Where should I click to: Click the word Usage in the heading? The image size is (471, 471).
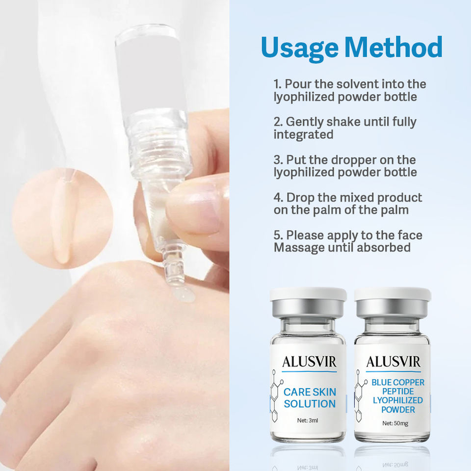pyautogui.click(x=299, y=48)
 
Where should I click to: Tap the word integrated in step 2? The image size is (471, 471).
pyautogui.click(x=303, y=134)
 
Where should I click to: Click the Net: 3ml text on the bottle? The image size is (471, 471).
pyautogui.click(x=307, y=420)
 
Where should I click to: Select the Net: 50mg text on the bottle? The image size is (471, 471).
pyautogui.click(x=395, y=423)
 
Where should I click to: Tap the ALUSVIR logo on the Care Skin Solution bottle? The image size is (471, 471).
pyautogui.click(x=309, y=362)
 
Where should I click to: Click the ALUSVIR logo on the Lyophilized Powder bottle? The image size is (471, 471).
pyautogui.click(x=393, y=362)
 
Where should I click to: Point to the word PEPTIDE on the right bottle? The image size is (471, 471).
pyautogui.click(x=398, y=392)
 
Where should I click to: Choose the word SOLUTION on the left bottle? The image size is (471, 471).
pyautogui.click(x=310, y=404)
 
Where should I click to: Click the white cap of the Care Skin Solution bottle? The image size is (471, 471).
pyautogui.click(x=308, y=294)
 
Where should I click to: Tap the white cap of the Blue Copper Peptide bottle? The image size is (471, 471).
pyautogui.click(x=392, y=294)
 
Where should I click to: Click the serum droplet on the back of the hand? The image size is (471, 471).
pyautogui.click(x=183, y=294)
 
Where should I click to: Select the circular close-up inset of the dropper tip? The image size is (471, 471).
pyautogui.click(x=62, y=218)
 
